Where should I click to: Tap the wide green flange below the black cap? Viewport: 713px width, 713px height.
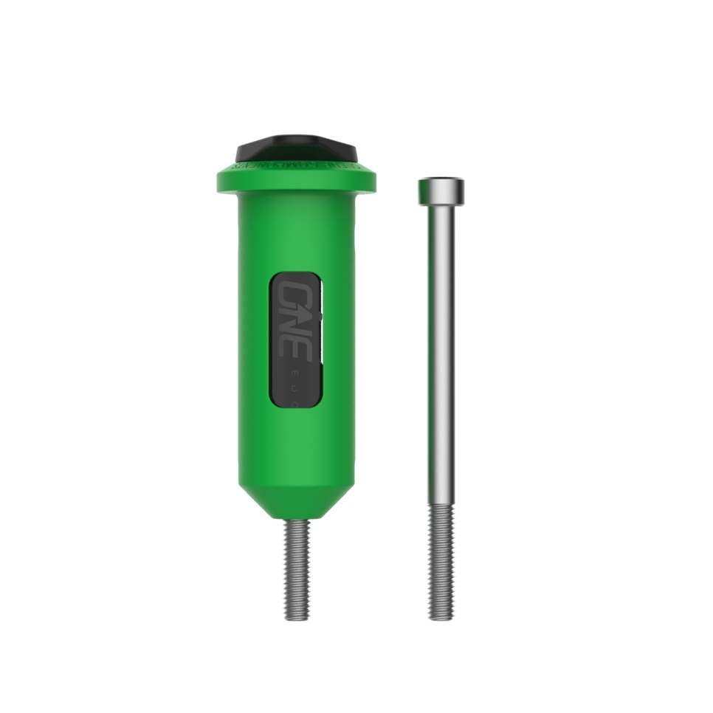(x=296, y=181)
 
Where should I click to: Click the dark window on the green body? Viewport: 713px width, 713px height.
(x=296, y=339)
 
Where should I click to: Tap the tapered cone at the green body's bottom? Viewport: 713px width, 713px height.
(x=296, y=502)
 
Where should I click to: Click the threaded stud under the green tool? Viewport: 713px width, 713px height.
(x=296, y=568)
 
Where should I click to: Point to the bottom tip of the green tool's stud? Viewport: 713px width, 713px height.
(x=296, y=617)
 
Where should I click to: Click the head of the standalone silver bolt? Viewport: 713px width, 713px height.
(x=441, y=191)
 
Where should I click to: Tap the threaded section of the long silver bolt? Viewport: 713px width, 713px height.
(x=441, y=561)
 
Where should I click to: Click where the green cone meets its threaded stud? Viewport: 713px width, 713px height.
(x=296, y=520)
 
